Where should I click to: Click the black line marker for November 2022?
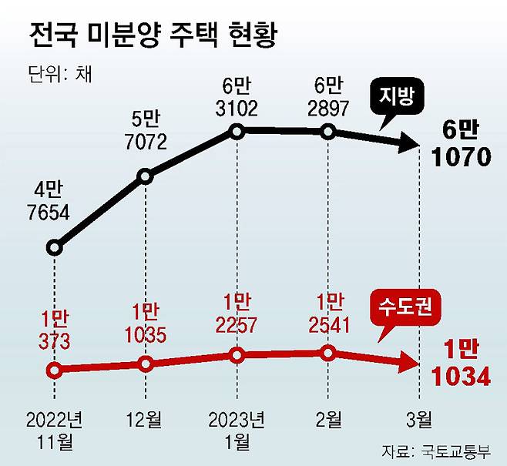(53, 247)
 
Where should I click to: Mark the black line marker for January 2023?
(237, 131)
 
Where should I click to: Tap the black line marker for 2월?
(328, 132)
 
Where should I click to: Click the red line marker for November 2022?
(53, 370)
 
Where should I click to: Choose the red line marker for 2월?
(328, 354)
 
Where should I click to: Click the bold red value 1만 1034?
(461, 364)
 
